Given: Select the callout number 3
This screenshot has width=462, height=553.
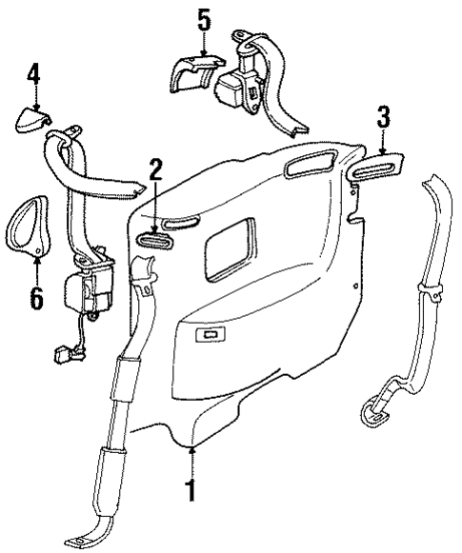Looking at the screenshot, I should click(x=382, y=119).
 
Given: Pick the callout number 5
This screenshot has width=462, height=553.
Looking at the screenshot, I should click(x=203, y=18).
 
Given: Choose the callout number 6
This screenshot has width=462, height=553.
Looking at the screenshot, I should click(x=35, y=298).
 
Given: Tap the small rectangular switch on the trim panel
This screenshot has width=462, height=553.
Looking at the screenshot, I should click(x=210, y=334).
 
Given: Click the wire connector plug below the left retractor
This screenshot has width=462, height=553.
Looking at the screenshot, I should click(x=63, y=358).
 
